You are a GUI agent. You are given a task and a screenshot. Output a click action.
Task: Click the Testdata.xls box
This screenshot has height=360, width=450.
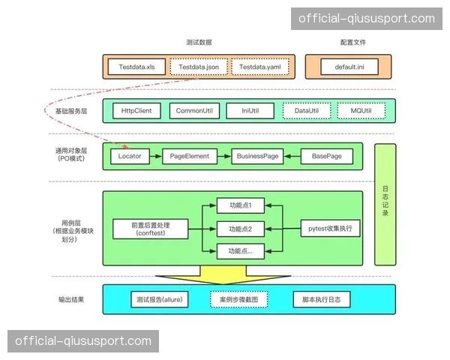coord(136,67)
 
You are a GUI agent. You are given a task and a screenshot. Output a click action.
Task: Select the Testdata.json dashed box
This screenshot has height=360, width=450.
coord(199,67)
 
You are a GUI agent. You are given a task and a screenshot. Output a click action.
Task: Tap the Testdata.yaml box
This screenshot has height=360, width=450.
coord(259,67)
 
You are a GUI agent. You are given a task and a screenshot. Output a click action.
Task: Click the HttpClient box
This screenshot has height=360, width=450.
coord(136,111)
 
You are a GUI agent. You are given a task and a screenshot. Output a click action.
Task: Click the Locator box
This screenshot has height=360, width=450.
coord(130,156)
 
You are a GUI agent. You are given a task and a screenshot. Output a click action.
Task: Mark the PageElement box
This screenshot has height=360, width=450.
coord(189,156)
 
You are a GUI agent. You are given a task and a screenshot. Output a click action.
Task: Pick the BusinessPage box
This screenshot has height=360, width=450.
coord(257,156)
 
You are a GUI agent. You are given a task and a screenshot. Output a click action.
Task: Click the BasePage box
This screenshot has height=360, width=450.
coord(326,156)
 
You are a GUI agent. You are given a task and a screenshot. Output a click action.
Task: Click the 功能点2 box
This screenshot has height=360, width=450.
coord(240,228)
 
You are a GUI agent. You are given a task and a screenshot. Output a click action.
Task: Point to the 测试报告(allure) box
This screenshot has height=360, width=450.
coord(160,300)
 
